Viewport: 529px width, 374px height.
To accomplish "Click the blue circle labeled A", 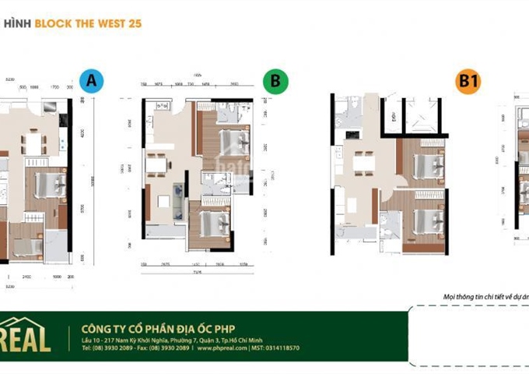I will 91,82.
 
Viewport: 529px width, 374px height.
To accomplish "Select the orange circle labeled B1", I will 468,82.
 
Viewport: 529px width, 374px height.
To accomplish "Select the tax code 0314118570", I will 280,348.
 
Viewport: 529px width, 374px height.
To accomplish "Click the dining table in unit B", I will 158,164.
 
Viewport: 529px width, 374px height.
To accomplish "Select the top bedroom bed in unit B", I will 233,143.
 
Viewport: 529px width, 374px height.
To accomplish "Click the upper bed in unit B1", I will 428,165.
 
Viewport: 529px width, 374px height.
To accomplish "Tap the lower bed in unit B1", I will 429,216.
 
